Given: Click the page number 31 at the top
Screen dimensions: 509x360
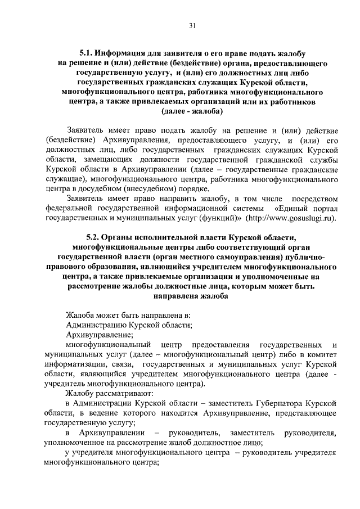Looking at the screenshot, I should (x=192, y=25).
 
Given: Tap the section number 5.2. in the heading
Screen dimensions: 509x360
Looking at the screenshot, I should (x=96, y=237).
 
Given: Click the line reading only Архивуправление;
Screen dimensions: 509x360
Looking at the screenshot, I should (x=95, y=334).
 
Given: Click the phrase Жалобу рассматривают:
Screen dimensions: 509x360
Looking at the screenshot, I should (x=105, y=393).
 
